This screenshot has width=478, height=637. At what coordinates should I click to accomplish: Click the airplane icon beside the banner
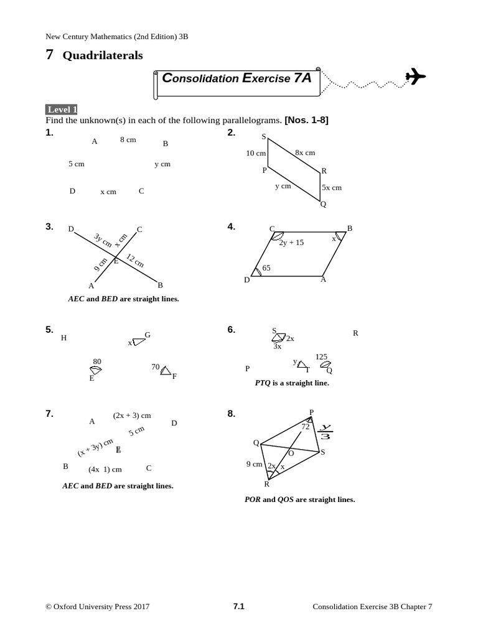(x=415, y=77)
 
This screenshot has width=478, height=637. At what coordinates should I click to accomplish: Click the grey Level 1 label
(x=61, y=109)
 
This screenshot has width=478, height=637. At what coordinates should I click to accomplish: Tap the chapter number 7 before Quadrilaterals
(x=49, y=55)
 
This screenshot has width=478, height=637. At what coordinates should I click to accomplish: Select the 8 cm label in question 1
(x=128, y=140)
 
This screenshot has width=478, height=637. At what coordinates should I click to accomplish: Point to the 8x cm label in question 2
(x=305, y=152)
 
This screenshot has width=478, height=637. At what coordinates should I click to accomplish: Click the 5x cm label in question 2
(x=332, y=187)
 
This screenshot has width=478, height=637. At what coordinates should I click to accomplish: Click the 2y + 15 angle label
(x=291, y=243)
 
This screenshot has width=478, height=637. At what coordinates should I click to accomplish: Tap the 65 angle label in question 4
(x=266, y=268)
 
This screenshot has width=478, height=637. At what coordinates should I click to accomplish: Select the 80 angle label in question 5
(x=97, y=361)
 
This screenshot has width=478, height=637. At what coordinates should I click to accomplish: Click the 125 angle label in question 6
(x=321, y=357)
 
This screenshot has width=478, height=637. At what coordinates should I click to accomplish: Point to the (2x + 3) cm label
(x=132, y=416)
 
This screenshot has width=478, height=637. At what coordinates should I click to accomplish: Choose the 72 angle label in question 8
(x=306, y=427)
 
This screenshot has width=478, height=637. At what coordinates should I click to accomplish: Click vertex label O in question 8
(x=291, y=453)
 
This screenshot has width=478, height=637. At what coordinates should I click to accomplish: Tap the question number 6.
(x=232, y=330)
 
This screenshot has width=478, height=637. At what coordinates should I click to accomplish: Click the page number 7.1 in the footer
(x=239, y=607)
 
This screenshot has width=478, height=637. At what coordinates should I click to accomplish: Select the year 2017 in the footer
(x=141, y=607)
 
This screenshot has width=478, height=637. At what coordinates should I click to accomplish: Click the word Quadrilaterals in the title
(x=103, y=55)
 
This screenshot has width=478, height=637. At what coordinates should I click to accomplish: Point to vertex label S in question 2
(x=264, y=136)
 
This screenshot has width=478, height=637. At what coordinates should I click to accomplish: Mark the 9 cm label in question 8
(x=254, y=464)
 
